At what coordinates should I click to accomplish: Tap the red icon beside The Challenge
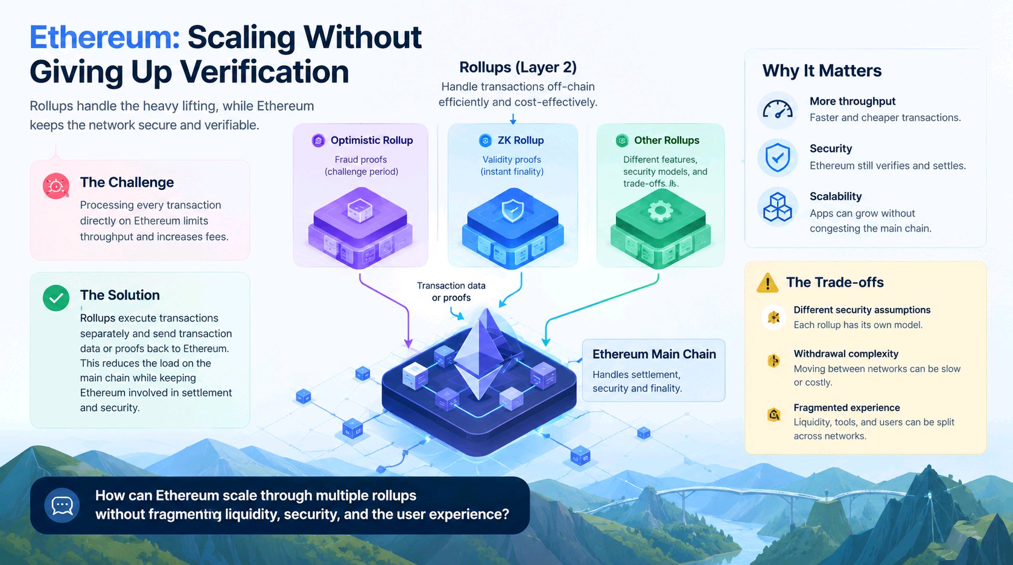click(x=56, y=186)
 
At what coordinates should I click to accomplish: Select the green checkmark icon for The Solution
click(x=56, y=298)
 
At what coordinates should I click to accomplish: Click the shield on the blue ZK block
click(x=513, y=210)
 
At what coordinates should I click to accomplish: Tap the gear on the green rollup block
click(x=661, y=210)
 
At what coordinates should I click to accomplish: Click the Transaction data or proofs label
click(x=451, y=291)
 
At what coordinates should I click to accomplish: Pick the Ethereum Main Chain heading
click(x=654, y=354)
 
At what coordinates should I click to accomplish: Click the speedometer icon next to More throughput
click(x=777, y=110)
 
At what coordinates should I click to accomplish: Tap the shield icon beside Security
click(x=777, y=157)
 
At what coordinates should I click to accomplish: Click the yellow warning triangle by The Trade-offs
click(x=767, y=283)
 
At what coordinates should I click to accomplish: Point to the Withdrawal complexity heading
click(x=846, y=354)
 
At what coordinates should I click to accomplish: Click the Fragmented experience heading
click(x=846, y=408)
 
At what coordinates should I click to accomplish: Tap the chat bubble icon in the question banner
click(x=62, y=505)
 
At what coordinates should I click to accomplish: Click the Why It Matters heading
click(x=822, y=71)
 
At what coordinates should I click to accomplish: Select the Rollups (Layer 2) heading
click(x=518, y=68)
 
